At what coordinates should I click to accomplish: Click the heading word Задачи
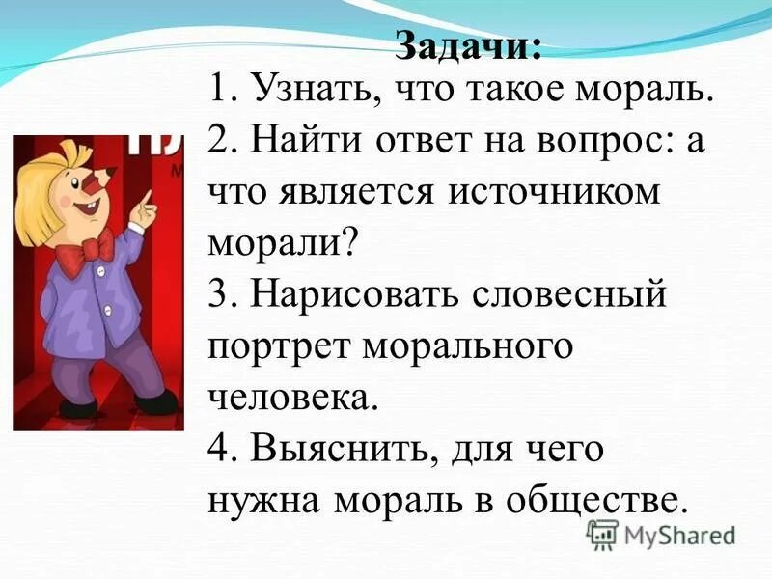point(468,45)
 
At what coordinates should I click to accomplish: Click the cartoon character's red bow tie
point(94,250)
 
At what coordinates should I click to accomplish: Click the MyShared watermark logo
point(662,534)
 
